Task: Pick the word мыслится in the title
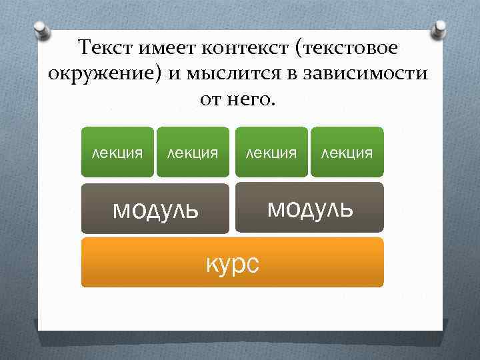pyautogui.click(x=237, y=73)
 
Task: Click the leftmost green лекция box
pyautogui.click(x=117, y=152)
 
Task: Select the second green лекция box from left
pyautogui.click(x=193, y=152)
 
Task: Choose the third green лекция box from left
pyautogui.click(x=271, y=152)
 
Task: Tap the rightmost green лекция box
pyautogui.click(x=347, y=152)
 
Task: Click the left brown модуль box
pyautogui.click(x=155, y=209)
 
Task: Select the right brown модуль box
pyautogui.click(x=310, y=207)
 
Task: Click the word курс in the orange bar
pyautogui.click(x=233, y=263)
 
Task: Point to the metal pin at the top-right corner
pyautogui.click(x=440, y=28)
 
